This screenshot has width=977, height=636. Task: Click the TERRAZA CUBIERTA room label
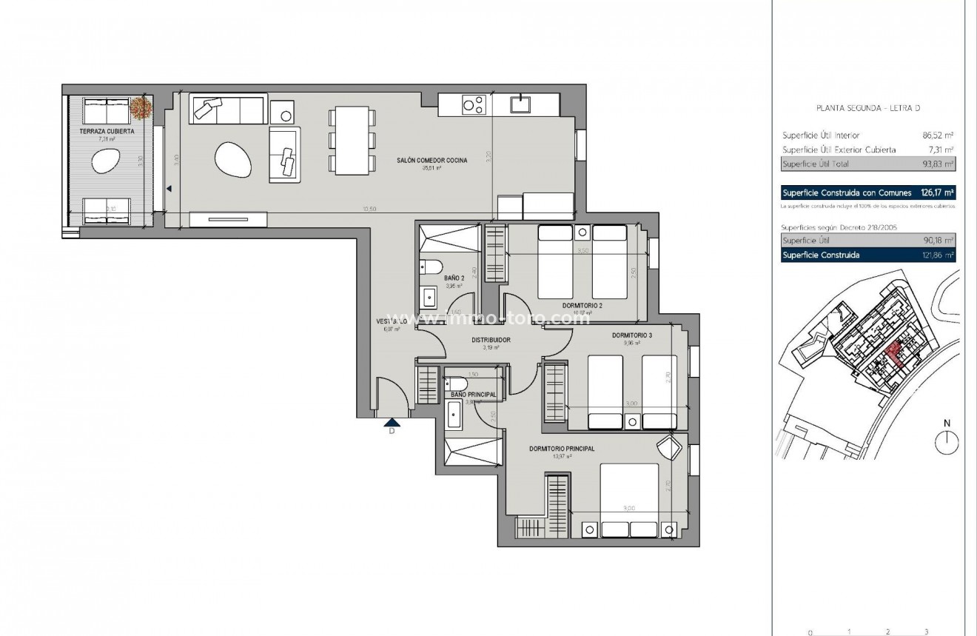click(107, 131)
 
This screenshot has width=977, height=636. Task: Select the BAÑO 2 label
click(454, 277)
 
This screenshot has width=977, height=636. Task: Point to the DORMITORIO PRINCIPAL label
click(562, 448)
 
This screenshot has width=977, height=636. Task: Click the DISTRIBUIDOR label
click(491, 340)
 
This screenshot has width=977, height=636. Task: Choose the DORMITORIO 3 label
click(632, 335)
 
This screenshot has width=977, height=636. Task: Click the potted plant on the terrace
click(141, 108)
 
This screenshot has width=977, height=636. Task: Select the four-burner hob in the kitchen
click(474, 105)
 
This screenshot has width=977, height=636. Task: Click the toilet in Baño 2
click(433, 266)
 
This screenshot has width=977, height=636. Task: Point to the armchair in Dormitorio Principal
click(670, 447)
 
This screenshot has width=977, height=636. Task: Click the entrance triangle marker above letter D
click(392, 423)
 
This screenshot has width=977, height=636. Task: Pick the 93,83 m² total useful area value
click(938, 164)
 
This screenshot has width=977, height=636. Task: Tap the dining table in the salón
click(352, 141)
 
